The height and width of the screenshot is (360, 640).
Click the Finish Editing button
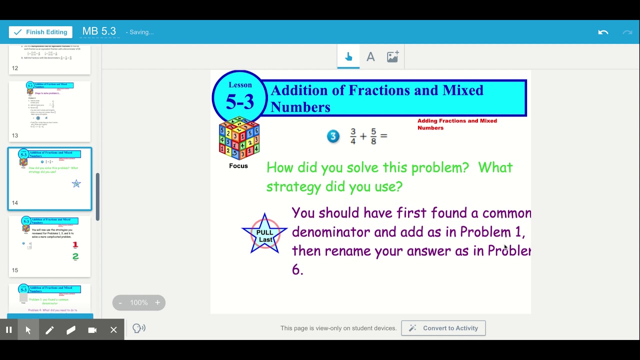[40, 32]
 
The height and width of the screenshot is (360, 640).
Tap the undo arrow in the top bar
[603, 32]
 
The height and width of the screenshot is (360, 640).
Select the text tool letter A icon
[370, 57]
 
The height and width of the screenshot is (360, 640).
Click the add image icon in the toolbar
[392, 56]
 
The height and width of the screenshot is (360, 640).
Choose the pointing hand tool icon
[348, 57]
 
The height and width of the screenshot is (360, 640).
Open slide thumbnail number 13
[49, 111]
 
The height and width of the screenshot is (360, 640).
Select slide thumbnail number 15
[49, 246]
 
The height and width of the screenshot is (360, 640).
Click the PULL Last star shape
[264, 233]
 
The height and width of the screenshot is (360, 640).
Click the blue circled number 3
[333, 136]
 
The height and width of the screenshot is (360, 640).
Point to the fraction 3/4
[353, 136]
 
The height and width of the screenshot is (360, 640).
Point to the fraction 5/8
[373, 136]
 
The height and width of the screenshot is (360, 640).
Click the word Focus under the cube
[238, 165]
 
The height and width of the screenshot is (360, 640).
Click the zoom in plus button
[157, 302]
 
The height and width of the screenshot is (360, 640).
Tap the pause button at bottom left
[8, 330]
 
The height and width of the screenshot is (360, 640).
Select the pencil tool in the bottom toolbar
[49, 330]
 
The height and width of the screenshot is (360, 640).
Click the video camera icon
[92, 330]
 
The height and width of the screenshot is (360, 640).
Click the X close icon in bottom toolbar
[113, 330]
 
